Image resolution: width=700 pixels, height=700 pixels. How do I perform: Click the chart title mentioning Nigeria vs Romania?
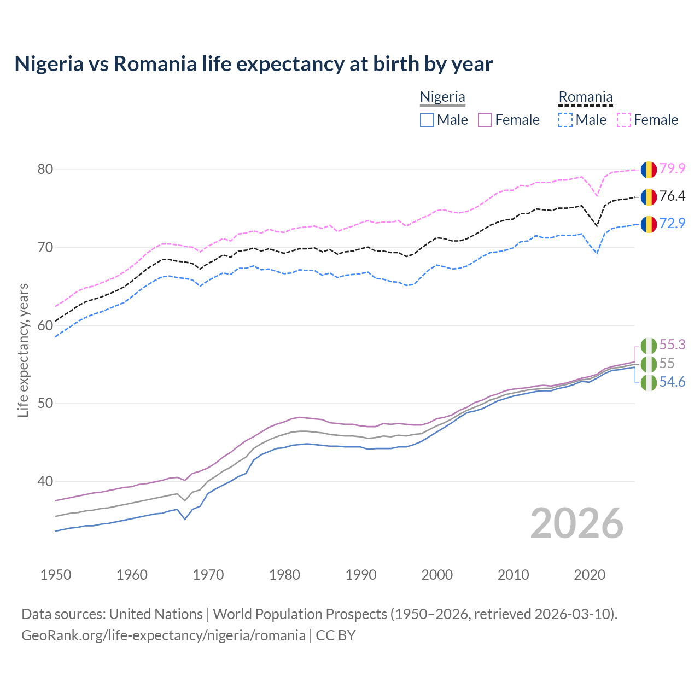[x=254, y=64]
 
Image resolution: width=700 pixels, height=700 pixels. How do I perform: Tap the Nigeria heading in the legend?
[x=442, y=97]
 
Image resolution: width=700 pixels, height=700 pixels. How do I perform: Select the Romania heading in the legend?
[x=585, y=97]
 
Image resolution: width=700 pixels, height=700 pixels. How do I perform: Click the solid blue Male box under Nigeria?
[x=427, y=120]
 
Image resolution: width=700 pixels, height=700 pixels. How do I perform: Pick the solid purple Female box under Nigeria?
[x=485, y=120]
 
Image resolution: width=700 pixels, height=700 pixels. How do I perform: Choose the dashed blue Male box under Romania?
[x=565, y=120]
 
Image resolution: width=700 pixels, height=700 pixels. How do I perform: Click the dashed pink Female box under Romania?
[x=624, y=120]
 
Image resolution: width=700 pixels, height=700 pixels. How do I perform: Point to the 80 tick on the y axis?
[x=45, y=170]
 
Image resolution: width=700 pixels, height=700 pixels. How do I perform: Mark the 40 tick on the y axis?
[x=45, y=482]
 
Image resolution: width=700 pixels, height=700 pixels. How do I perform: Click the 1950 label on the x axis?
[x=56, y=575]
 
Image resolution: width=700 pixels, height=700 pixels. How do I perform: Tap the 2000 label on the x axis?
[x=437, y=575]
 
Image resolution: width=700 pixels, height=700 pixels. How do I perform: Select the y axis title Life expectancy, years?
[x=24, y=350]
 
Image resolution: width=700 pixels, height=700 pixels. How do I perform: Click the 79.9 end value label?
[x=672, y=168]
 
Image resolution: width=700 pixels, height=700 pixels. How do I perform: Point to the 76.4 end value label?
[x=672, y=196]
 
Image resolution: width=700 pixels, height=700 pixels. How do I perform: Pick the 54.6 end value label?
[x=672, y=382]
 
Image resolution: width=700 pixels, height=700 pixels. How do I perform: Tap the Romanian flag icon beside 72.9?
[x=649, y=224]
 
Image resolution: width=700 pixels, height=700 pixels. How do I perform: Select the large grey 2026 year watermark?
[x=577, y=523]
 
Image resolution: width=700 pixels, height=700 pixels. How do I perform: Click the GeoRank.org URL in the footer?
[x=164, y=635]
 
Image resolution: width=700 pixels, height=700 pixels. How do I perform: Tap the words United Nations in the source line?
[x=156, y=614]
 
